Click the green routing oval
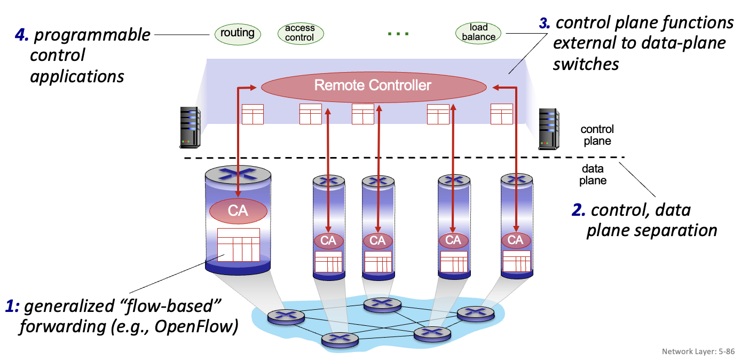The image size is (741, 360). coord(238,33)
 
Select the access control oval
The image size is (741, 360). coord(299,33)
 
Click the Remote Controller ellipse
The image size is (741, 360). coord(373,85)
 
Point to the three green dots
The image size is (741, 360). coord(398,34)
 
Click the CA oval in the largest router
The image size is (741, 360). coord(238,210)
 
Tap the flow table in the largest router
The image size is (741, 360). coord(239,245)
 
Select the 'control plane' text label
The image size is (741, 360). coord(597,135)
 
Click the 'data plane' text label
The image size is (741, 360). coord(593,175)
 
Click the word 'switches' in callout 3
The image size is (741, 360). coord(586,64)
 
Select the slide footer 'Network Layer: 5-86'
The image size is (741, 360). coord(698,351)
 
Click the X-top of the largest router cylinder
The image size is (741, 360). coord(238,173)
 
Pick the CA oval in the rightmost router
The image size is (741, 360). coord(515,240)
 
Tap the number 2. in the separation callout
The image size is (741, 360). coord(578,210)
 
